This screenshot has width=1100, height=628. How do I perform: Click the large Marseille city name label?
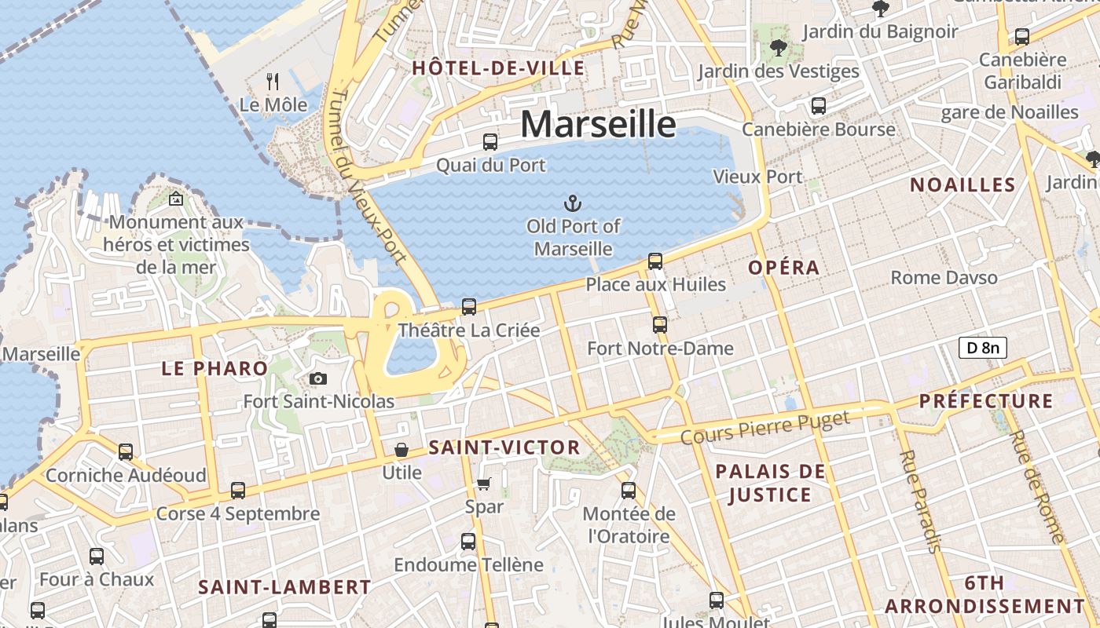(598, 124)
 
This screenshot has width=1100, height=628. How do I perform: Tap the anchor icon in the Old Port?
(574, 204)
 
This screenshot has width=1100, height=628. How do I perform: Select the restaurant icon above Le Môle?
(273, 81)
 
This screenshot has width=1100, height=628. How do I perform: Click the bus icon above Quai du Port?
(490, 142)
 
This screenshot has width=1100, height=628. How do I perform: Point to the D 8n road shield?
(982, 347)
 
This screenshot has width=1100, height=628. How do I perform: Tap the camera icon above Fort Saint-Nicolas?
(318, 379)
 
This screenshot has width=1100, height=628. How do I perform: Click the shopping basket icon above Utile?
(401, 450)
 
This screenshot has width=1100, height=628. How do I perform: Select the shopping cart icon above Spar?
(484, 484)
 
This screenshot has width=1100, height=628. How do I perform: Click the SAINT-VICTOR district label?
(504, 448)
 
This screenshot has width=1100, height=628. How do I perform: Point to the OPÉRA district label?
(783, 268)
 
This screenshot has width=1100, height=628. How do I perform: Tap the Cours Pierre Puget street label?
(765, 428)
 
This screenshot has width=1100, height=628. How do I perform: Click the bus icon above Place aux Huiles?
(655, 261)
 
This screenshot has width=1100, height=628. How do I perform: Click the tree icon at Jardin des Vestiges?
(779, 49)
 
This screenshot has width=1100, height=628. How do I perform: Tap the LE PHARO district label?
(214, 368)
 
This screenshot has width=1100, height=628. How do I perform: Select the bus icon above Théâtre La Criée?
(469, 307)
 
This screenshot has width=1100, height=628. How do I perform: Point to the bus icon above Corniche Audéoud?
(126, 452)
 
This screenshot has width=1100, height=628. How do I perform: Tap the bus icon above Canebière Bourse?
(819, 106)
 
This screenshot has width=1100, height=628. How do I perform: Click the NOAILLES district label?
(962, 185)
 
